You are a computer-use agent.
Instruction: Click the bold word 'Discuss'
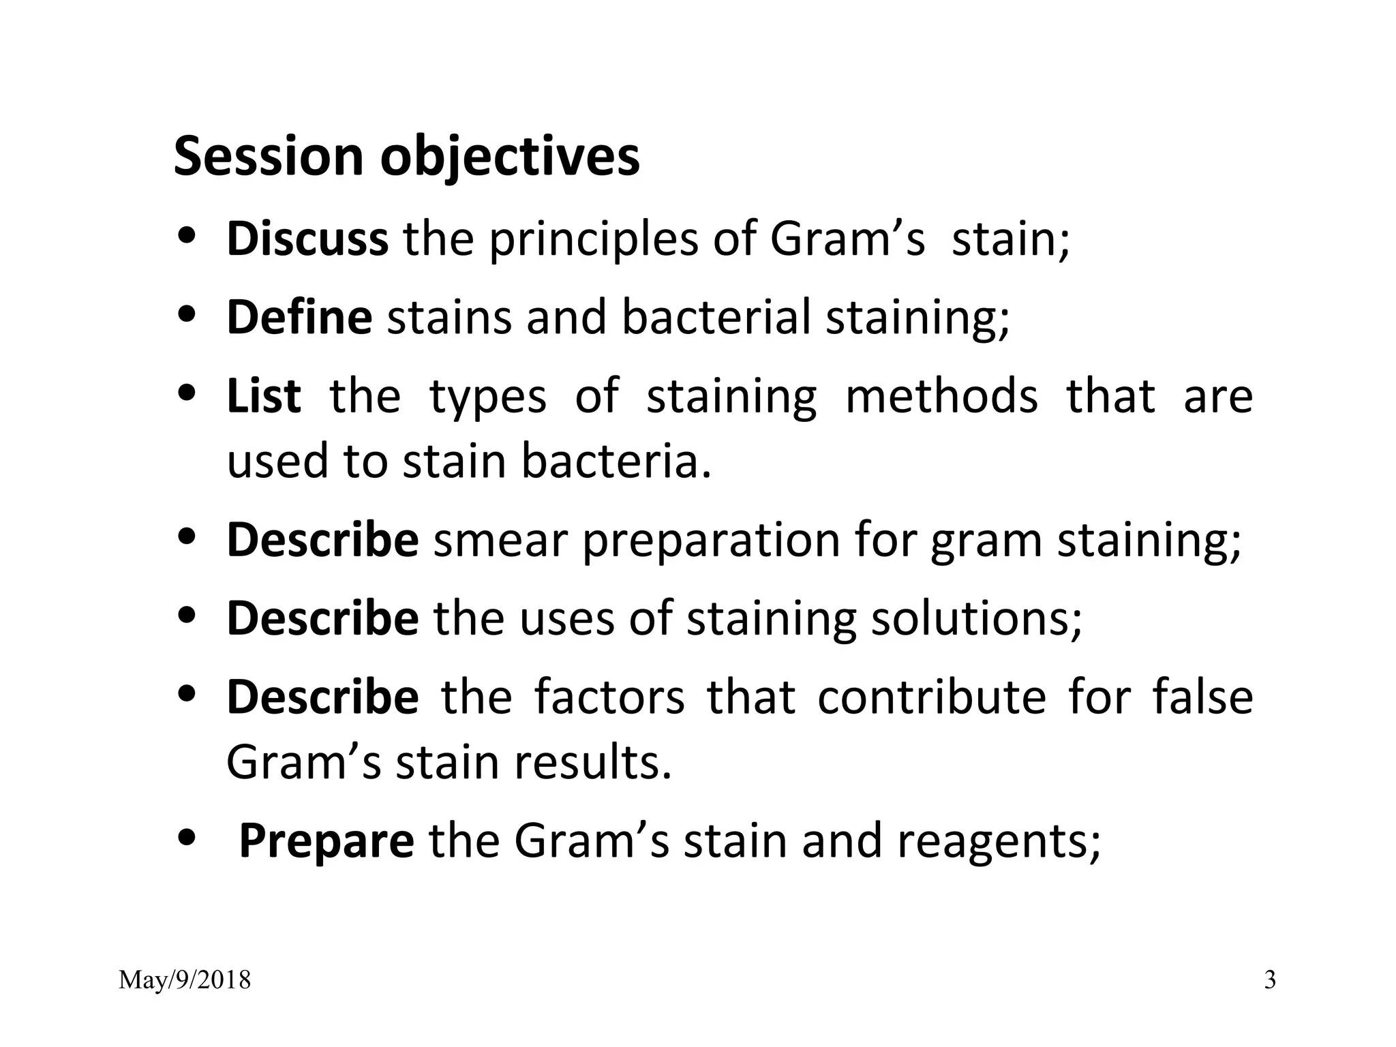tap(307, 239)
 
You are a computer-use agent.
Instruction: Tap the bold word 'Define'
tap(299, 318)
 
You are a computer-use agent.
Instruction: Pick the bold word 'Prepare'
tap(327, 841)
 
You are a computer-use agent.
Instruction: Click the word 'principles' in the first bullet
tap(594, 241)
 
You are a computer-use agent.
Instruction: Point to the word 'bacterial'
tap(716, 318)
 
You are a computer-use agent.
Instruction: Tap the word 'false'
tap(1202, 697)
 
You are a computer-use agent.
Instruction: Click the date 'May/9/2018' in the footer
tap(185, 981)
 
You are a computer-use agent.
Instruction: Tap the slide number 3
tap(1270, 981)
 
